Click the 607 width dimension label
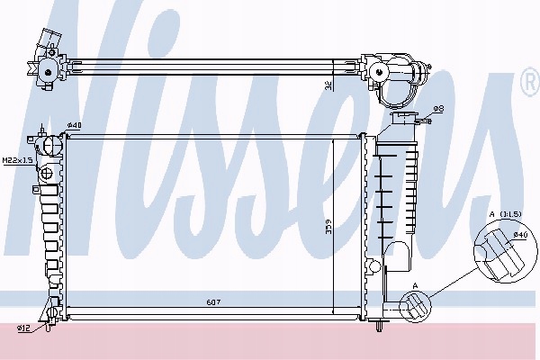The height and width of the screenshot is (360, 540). pos(212,301)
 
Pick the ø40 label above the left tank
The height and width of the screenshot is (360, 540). pos(75,125)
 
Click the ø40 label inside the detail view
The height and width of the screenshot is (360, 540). pos(519,236)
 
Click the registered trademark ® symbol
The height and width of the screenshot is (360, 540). pos(528,85)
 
